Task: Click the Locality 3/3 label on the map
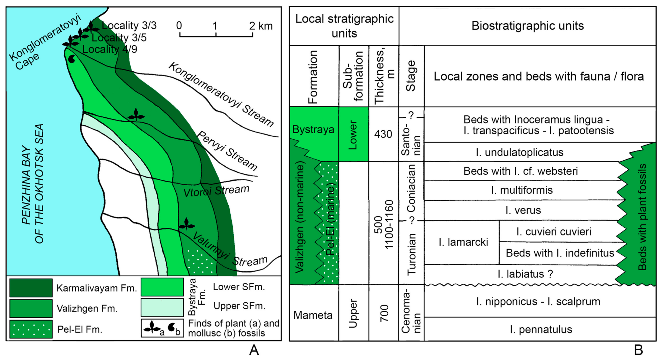(129, 25)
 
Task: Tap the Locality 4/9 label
(110, 49)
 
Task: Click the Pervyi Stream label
(227, 151)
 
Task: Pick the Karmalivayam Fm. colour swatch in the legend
(31, 288)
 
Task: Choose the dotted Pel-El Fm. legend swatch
(31, 329)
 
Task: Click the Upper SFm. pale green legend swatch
(162, 307)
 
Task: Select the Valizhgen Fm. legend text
(87, 308)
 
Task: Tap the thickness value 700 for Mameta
(384, 313)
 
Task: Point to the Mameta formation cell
(313, 315)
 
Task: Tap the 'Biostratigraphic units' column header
(527, 26)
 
